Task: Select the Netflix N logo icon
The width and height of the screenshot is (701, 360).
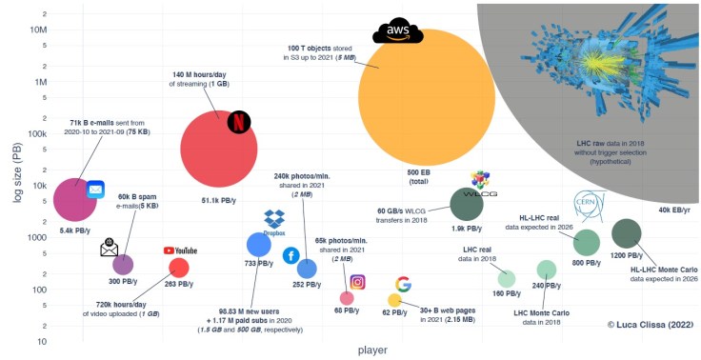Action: tap(239, 122)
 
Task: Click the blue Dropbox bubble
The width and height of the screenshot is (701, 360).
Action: tap(259, 245)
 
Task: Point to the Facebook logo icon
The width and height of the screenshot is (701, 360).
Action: tap(291, 255)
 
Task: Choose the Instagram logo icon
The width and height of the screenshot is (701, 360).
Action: tap(358, 282)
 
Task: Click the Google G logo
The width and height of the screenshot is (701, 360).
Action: tap(403, 284)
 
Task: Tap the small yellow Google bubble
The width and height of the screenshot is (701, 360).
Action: tap(394, 300)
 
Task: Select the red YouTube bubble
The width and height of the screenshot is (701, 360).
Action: tap(178, 268)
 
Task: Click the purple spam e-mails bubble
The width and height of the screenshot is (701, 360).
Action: tap(123, 265)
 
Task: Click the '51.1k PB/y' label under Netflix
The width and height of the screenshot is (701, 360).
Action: tap(218, 201)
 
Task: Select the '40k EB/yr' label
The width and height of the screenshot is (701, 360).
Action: tap(673, 210)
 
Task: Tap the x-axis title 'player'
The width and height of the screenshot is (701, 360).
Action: tap(371, 350)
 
